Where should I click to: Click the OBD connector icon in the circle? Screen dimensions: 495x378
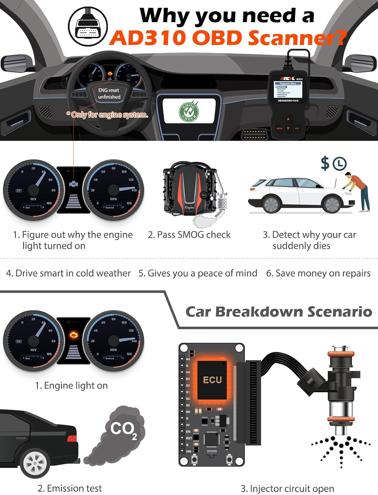88,27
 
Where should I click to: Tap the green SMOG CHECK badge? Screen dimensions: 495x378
189,112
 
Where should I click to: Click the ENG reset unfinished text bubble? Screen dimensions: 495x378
109,93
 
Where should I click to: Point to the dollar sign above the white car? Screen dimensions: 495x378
325,163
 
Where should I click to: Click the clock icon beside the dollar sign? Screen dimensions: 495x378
339,164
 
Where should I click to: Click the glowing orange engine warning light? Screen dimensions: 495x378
73,335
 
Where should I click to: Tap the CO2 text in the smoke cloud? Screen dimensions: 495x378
123,429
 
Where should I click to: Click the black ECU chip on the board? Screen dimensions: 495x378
212,380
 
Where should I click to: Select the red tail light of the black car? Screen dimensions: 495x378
72,438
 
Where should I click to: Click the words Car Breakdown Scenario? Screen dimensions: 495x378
278,312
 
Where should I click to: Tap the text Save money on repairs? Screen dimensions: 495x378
318,273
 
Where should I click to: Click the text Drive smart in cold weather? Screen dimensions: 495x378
68,273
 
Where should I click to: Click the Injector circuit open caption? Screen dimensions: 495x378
287,488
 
